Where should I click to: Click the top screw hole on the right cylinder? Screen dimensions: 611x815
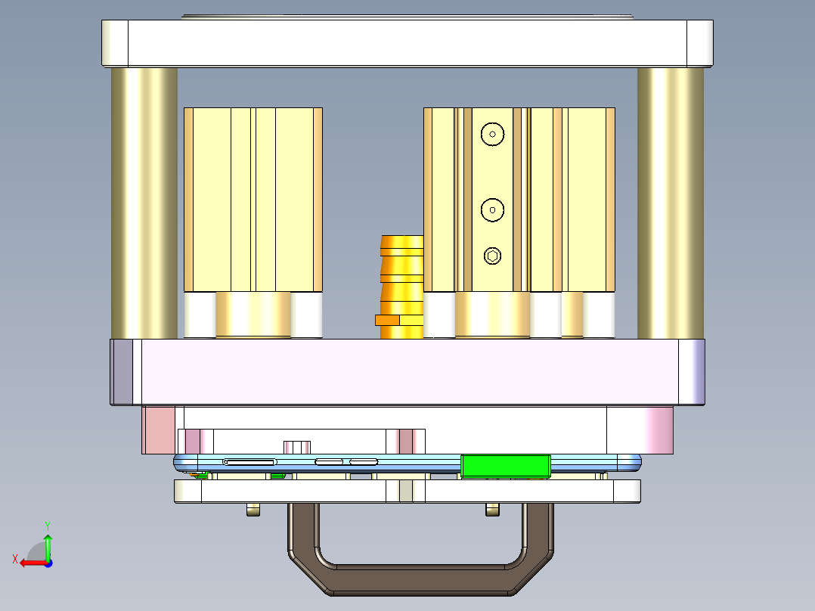492,135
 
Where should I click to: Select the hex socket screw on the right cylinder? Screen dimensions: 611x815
492,256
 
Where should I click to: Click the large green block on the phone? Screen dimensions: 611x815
505,466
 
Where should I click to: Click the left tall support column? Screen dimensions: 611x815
144,203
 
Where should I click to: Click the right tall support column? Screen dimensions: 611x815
670,203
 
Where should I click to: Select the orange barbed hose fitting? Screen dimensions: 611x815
401,280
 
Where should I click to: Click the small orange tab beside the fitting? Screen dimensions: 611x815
386,320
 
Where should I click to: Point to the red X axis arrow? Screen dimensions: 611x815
30,562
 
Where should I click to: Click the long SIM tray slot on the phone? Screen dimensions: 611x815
249,461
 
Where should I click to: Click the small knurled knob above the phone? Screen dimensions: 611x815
298,446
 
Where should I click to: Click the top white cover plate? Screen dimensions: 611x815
407,43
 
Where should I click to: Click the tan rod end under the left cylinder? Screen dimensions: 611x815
253,315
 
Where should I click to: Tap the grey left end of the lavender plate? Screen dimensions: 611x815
122,371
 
